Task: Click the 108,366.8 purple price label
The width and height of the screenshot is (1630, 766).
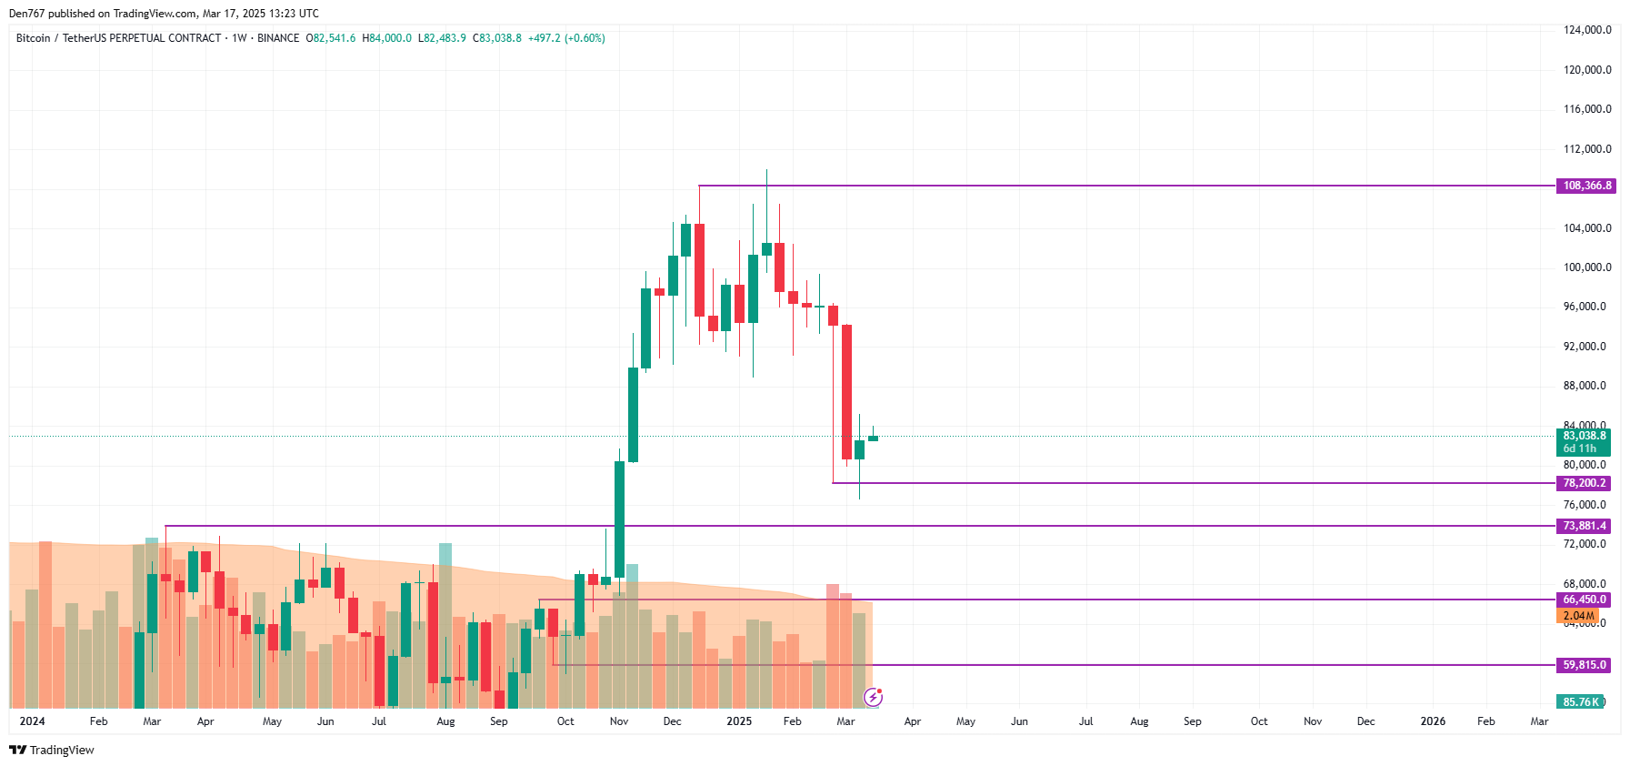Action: [1586, 186]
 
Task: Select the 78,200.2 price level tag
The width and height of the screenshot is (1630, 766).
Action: [1584, 483]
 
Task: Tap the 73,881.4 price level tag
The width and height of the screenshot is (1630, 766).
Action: [1584, 526]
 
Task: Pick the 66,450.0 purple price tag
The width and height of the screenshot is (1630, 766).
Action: [1584, 600]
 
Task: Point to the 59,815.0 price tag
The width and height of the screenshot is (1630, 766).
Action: [1584, 665]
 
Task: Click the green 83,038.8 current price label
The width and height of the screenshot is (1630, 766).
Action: [1584, 436]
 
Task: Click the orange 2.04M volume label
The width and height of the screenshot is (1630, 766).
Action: [1577, 616]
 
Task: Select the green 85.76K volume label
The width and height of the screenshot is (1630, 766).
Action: [1580, 701]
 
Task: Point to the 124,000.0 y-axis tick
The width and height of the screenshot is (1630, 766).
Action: [1586, 30]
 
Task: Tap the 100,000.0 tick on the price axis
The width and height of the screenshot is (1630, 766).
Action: [1586, 267]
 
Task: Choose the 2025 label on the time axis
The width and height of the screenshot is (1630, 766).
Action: [739, 721]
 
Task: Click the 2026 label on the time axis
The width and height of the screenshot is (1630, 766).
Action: [1433, 721]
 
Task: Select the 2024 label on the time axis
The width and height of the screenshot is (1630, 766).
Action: [32, 721]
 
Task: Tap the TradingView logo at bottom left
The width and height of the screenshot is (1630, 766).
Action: [52, 750]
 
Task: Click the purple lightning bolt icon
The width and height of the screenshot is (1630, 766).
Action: [873, 698]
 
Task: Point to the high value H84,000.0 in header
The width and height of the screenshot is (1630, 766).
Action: [386, 38]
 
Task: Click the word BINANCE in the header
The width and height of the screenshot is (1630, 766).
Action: [278, 38]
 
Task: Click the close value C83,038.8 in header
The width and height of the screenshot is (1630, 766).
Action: [497, 38]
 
